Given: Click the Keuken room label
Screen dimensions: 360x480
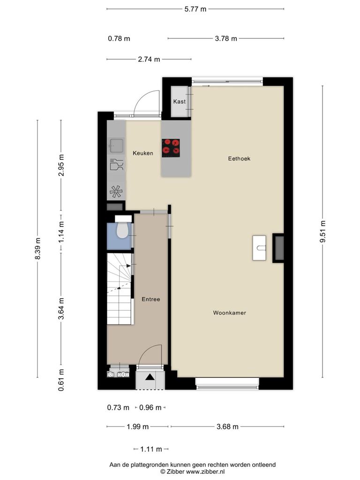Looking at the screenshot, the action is click(x=142, y=153).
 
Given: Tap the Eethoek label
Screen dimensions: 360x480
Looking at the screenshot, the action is click(x=239, y=158).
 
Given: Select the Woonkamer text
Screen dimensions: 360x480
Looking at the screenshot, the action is click(x=230, y=313).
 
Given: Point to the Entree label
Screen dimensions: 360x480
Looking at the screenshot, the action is click(x=150, y=299).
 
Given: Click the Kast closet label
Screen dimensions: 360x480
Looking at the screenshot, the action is click(x=180, y=101).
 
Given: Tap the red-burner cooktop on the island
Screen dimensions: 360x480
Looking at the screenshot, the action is click(x=171, y=148).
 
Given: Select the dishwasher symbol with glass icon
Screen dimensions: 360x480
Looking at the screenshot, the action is click(x=116, y=165).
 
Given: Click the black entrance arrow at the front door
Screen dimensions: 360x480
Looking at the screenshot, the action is click(x=150, y=377).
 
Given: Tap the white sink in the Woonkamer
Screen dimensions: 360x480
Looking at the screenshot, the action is click(x=259, y=248).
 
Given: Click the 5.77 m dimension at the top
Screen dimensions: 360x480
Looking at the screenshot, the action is click(x=195, y=9).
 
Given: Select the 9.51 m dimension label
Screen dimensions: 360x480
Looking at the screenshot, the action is click(x=322, y=232).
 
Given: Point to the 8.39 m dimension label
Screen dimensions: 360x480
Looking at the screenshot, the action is click(x=37, y=248).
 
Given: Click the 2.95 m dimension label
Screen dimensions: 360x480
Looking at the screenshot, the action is click(x=61, y=165).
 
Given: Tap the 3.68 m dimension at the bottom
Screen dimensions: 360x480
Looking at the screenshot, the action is click(x=227, y=427).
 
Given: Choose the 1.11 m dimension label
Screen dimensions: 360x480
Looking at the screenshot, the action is click(x=151, y=449).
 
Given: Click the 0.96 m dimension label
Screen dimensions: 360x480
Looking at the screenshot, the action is click(x=150, y=407).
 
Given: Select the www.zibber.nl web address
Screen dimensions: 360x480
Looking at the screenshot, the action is click(x=205, y=472).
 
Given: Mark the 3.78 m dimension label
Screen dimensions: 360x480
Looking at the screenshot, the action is click(x=226, y=38).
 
